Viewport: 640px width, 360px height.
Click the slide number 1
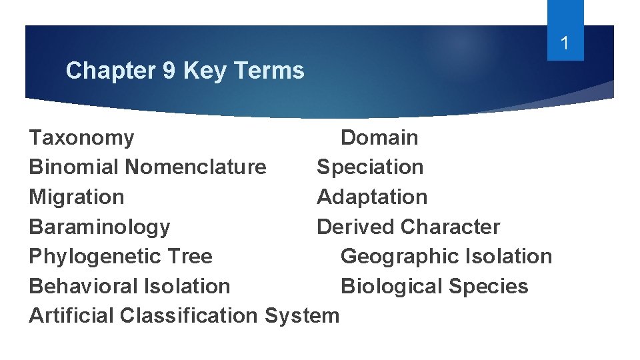tap(565, 45)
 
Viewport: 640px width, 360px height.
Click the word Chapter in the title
tap(111, 70)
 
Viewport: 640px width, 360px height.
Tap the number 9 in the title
tap(169, 70)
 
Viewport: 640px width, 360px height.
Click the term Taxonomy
tap(81, 138)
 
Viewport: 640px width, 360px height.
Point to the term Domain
tap(379, 138)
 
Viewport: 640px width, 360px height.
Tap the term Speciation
tap(370, 167)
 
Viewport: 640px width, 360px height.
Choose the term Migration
tap(77, 197)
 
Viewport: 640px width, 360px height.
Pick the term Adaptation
tap(372, 197)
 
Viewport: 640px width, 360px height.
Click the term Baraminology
tap(99, 227)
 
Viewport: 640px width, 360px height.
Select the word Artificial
tap(72, 315)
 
